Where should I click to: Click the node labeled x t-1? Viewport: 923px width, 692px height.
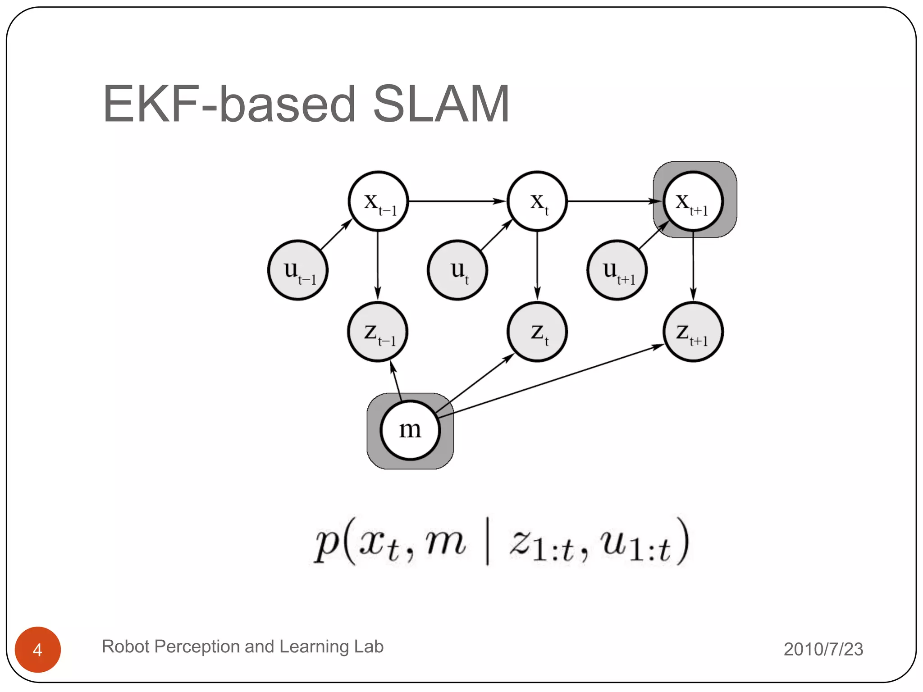pos(378,201)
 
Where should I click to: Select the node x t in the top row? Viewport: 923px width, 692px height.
pos(537,201)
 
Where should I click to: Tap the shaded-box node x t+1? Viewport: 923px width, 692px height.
pos(693,201)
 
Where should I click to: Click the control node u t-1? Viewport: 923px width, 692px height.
pos(298,270)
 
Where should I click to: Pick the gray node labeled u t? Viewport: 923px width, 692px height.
pos(457,270)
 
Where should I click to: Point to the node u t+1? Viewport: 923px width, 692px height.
pos(617,270)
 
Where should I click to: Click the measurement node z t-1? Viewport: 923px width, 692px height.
pos(378,332)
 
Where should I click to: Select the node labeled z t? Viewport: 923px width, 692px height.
pos(537,332)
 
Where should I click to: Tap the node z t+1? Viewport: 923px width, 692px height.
pos(693,332)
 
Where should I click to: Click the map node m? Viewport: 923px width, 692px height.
pos(410,430)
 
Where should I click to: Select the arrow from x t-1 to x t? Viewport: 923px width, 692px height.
pos(455,201)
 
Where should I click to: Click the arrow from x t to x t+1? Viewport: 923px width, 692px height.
pos(613,201)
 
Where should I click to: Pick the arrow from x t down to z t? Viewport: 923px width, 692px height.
pos(537,266)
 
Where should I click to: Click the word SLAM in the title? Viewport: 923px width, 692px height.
pos(441,105)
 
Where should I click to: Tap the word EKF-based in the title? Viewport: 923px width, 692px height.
pos(229,105)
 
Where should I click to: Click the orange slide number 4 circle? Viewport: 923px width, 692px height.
pos(38,649)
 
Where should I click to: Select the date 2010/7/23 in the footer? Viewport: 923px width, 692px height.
pos(823,649)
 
